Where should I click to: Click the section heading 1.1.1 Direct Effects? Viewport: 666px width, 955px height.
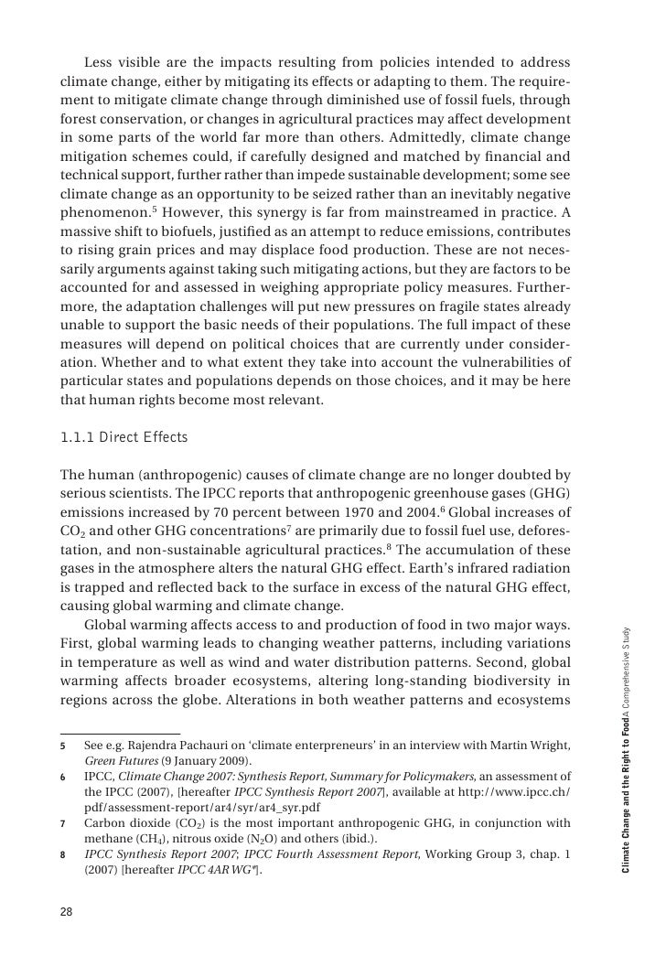click(x=123, y=437)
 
